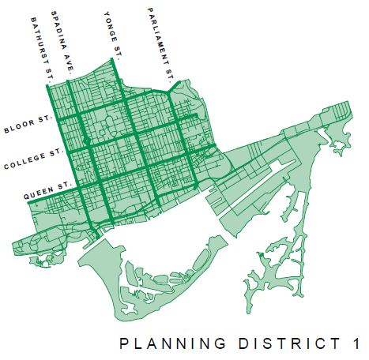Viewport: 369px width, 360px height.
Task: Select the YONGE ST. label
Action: point(113,33)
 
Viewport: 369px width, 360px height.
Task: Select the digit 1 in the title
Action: point(357,344)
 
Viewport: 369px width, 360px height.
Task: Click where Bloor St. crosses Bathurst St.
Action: point(57,125)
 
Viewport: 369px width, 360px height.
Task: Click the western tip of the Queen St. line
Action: point(29,203)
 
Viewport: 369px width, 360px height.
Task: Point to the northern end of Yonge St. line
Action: point(116,62)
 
